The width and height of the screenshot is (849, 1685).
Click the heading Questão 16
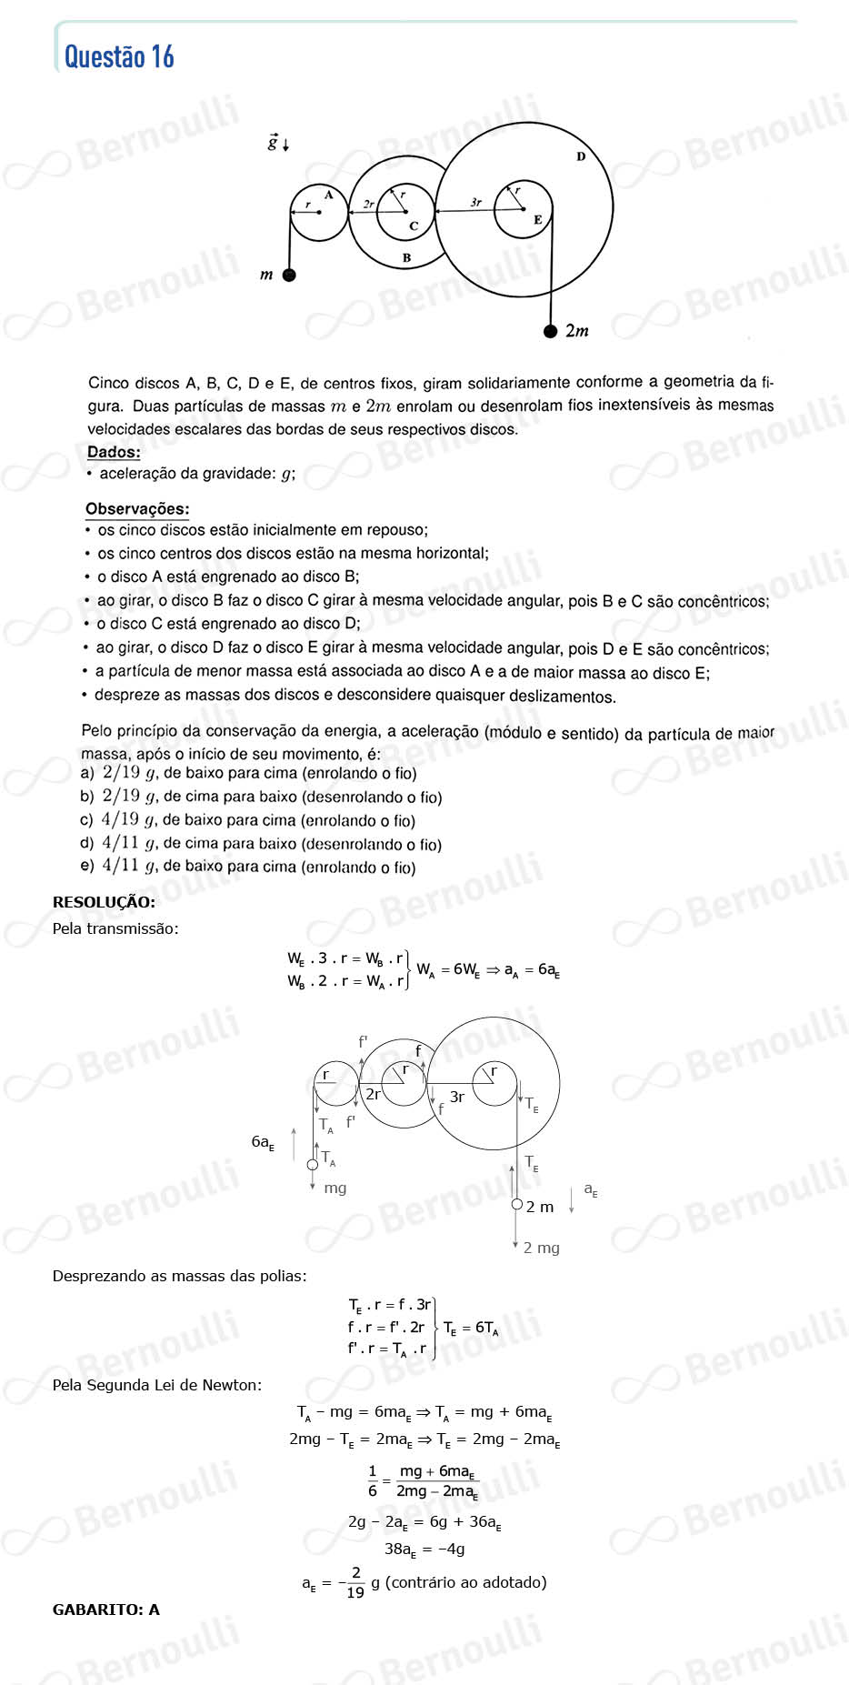point(119,56)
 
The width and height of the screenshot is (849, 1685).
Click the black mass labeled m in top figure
point(289,275)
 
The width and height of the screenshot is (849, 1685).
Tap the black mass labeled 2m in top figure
point(550,331)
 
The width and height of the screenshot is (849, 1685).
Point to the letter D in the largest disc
point(581,156)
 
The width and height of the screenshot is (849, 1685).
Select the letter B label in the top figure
point(406,258)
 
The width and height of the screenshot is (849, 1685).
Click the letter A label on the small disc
point(328,195)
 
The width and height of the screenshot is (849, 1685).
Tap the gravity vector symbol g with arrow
point(274,143)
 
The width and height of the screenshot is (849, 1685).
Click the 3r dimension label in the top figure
point(475,202)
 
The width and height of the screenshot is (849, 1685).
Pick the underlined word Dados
point(114,452)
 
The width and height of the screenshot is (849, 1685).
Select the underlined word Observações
point(137,509)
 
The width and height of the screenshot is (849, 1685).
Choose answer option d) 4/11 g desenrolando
point(261,844)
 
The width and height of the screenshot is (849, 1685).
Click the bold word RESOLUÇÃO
point(104,902)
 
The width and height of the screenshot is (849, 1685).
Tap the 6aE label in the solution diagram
point(262,1142)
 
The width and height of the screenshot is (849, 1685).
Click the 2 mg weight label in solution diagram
point(541,1248)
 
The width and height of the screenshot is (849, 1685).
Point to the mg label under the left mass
point(335,1188)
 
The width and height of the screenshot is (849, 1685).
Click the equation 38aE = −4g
point(424,1549)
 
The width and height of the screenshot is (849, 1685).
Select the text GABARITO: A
point(106,1610)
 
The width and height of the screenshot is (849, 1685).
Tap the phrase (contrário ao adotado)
point(466,1582)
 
